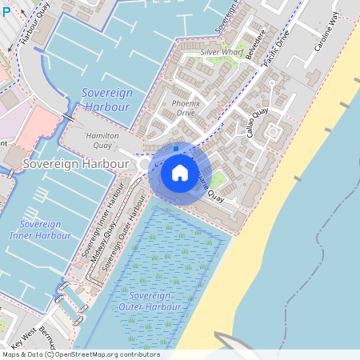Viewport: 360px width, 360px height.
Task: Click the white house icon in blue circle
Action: coord(180,173)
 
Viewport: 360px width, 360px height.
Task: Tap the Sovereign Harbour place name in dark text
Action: coord(76,163)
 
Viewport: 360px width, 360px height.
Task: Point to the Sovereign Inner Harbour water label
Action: coord(40,230)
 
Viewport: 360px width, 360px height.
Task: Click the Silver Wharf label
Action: coord(222,52)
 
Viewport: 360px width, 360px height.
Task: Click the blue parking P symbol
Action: coord(6,6)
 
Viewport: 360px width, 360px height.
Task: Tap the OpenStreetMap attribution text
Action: coord(80,354)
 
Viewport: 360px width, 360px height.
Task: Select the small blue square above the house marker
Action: coord(176,148)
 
